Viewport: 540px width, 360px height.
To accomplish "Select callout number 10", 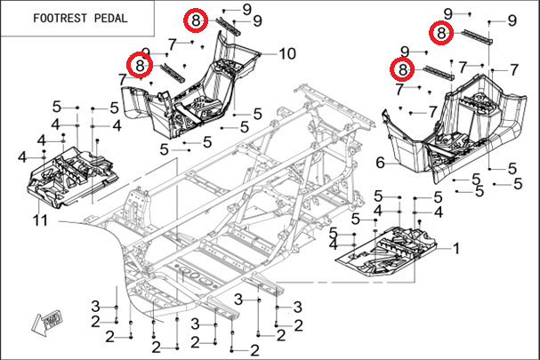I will point(286,53).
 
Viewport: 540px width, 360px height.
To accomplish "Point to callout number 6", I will point(380,163).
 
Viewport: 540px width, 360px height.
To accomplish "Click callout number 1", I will point(456,248).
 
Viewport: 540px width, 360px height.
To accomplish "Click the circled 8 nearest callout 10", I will point(196,20).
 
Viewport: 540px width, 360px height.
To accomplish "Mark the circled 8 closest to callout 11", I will point(141,64).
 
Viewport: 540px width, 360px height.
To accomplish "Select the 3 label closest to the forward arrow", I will point(95,306).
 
